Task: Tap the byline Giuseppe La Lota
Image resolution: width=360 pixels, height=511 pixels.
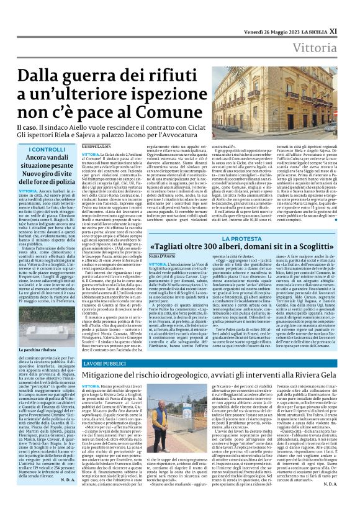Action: point(99,145)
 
